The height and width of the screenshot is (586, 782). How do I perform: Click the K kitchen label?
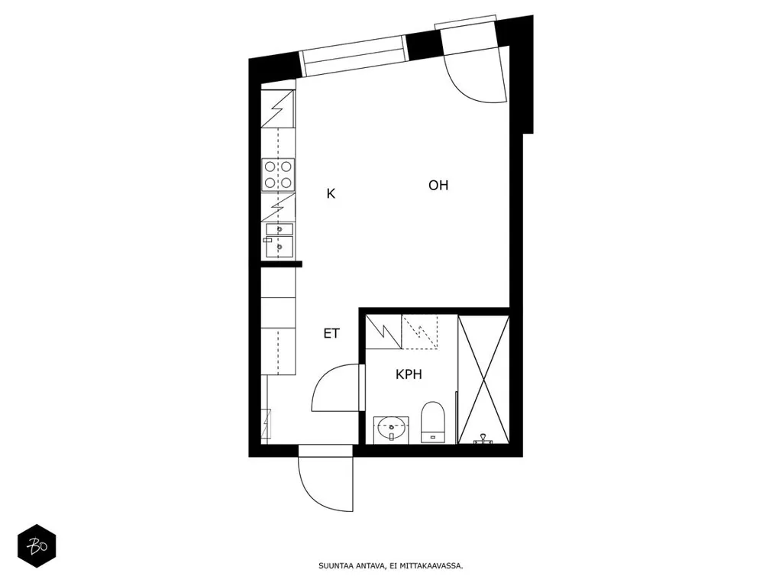(x=331, y=193)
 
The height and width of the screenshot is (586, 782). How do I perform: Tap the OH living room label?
(x=438, y=185)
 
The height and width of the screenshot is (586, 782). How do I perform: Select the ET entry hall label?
(x=331, y=333)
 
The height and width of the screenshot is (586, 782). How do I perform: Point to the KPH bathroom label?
(x=409, y=374)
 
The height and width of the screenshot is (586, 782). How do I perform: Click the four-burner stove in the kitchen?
(x=278, y=175)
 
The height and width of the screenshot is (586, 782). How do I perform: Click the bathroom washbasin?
(x=391, y=430)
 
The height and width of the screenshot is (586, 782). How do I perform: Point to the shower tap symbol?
(x=483, y=439)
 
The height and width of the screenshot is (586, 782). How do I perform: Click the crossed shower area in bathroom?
(x=483, y=380)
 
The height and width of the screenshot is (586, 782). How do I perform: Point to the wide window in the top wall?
(x=354, y=56)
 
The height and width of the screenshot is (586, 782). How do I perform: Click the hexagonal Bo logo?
(x=37, y=546)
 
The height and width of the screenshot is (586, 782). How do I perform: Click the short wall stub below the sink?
(x=281, y=264)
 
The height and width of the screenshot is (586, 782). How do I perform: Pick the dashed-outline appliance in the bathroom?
(x=420, y=332)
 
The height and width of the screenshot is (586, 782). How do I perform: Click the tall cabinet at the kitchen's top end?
(x=278, y=108)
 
